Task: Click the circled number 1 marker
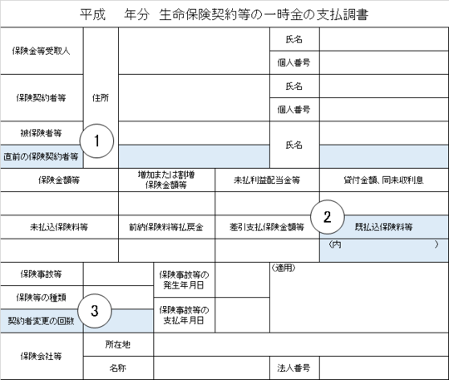96,141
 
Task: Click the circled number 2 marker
328,217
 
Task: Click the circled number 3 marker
95,311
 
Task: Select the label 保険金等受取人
41,51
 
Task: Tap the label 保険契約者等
41,97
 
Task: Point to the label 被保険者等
41,133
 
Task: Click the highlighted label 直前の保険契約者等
41,156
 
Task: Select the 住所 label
101,98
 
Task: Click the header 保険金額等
59,180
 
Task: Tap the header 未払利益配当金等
267,180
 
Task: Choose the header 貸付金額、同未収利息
383,180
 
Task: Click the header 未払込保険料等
59,227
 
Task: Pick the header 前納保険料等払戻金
166,227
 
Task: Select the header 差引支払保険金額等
267,227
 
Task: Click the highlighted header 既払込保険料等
383,227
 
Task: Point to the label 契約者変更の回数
41,321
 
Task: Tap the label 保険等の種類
41,298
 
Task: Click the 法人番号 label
294,368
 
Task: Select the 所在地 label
118,344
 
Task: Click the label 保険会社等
41,356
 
